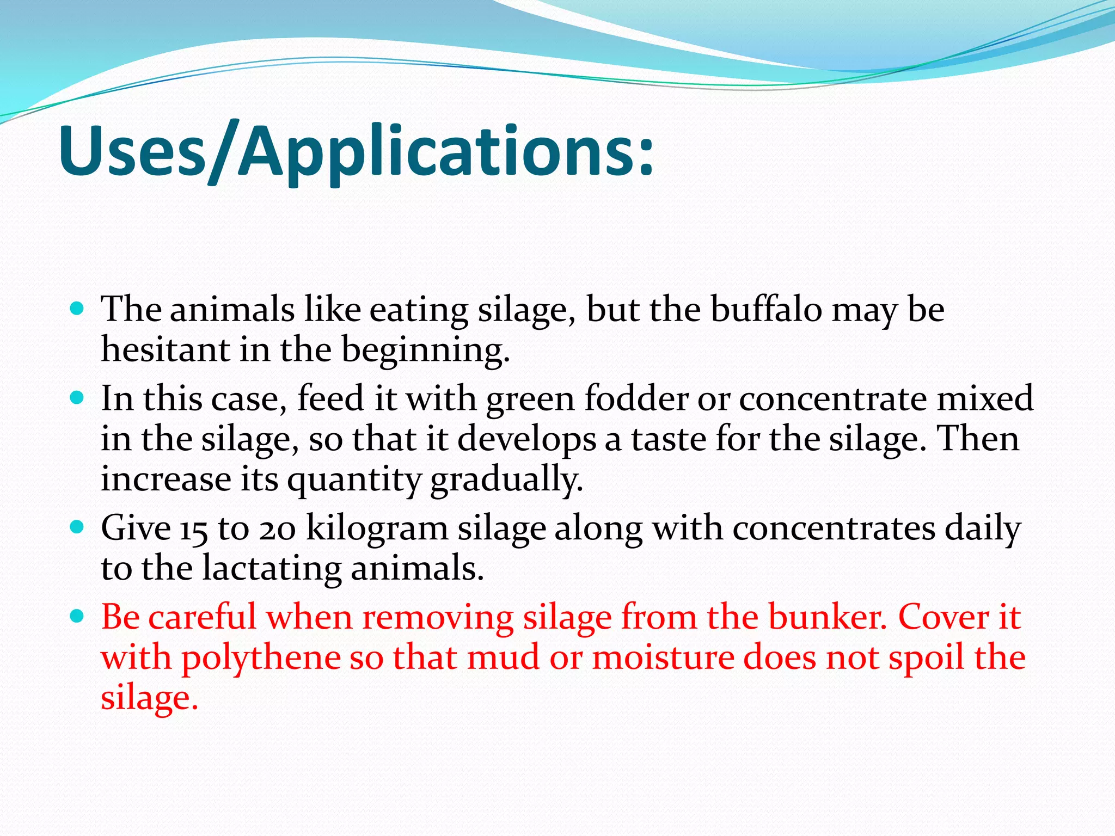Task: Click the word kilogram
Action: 377,529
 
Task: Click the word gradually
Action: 506,480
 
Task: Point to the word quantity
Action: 354,480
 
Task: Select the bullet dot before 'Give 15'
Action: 77,527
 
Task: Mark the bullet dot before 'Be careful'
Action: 77,616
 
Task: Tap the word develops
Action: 527,440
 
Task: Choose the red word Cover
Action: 943,617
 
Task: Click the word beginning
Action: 425,351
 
